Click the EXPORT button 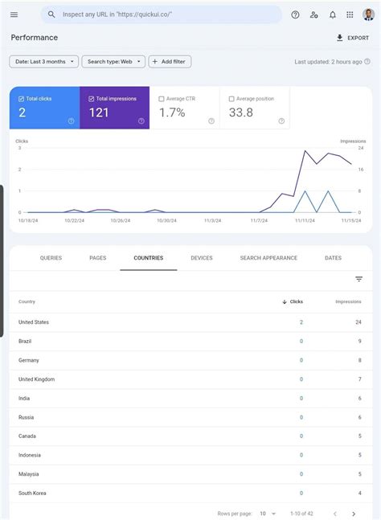[x=352, y=38]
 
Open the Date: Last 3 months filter [x=43, y=62]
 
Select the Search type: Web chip [x=113, y=62]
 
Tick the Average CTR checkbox [x=162, y=99]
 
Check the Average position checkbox [x=231, y=99]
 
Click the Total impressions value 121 [x=99, y=113]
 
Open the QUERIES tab [x=51, y=258]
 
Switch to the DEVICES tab [x=202, y=258]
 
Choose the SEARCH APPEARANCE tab [x=268, y=258]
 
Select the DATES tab [x=333, y=258]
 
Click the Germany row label [x=29, y=360]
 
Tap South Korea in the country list [x=32, y=493]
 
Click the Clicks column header [x=293, y=301]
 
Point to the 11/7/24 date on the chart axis [x=258, y=219]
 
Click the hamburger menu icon [x=14, y=14]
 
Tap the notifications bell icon [x=332, y=14]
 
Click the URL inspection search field [x=161, y=14]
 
